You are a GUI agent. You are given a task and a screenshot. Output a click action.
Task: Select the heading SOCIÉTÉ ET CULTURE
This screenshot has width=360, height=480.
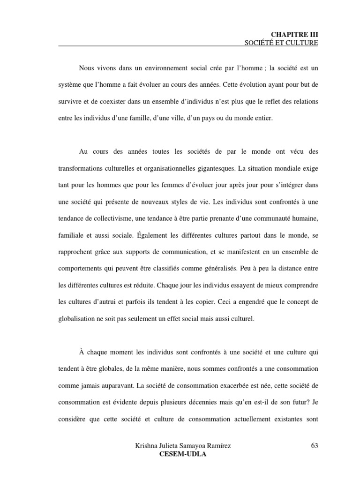pos(281,43)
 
